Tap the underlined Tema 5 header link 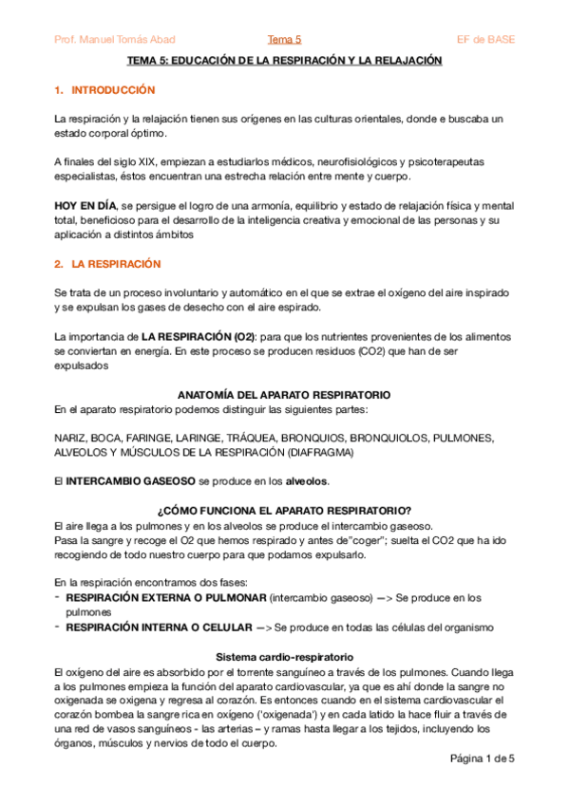(284, 39)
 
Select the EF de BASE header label (485, 39)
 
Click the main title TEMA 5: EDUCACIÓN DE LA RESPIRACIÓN (285, 59)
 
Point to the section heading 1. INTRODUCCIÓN (104, 89)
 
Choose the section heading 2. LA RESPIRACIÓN (107, 263)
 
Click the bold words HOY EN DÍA (86, 206)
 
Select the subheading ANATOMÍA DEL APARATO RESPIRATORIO (285, 394)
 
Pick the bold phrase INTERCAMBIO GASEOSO (130, 482)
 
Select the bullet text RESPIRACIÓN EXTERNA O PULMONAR (165, 598)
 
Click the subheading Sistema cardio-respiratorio (285, 656)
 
